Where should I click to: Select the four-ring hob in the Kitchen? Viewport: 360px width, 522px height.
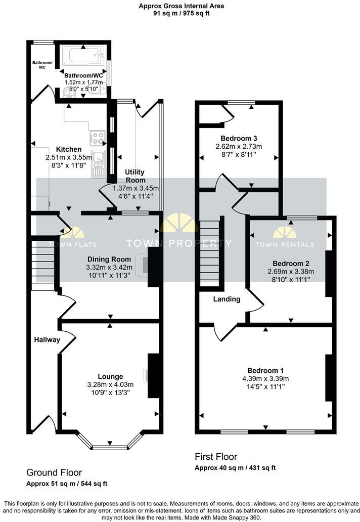point(97,137)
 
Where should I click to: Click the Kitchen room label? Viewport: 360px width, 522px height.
point(68,149)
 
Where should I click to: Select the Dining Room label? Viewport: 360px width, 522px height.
point(109,259)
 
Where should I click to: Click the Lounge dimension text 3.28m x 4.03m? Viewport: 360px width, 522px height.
point(110,384)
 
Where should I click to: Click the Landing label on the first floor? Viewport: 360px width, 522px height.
point(226,299)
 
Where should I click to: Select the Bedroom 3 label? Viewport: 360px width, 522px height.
point(239,138)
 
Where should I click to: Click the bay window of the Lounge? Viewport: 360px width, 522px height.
point(110,445)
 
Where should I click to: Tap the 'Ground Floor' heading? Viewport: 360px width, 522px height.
point(54,472)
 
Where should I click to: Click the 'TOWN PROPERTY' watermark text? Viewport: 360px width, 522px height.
point(179,243)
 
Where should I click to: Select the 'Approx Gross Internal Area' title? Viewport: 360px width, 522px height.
point(182,6)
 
